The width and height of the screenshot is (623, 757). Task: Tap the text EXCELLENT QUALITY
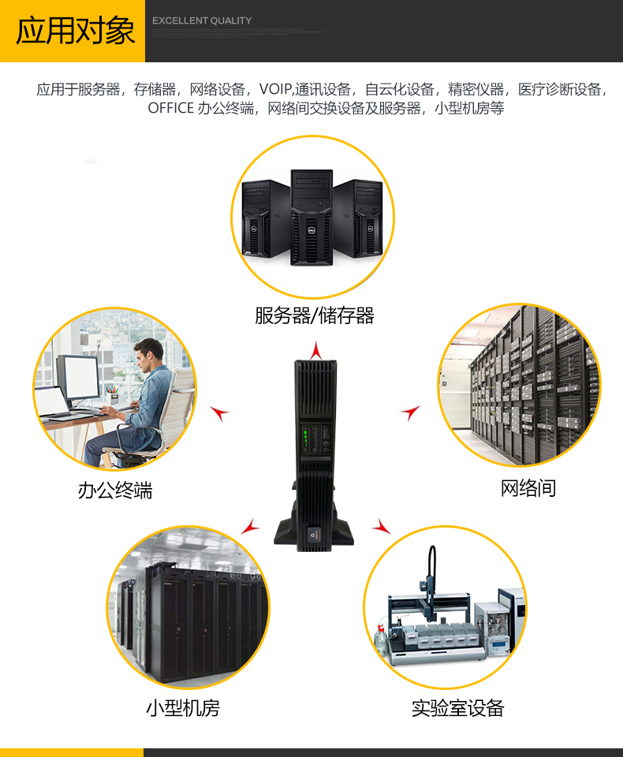pos(202,21)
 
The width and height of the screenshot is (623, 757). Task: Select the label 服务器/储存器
pos(314,316)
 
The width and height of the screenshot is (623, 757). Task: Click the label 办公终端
pos(115,490)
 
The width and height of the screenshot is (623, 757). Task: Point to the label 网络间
pos(528,488)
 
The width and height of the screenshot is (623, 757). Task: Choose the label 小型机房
pos(182,708)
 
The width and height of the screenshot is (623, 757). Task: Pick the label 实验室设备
pos(457,708)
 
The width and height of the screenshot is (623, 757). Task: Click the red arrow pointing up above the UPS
pos(316,350)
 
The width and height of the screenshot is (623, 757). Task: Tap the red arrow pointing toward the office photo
pos(220,412)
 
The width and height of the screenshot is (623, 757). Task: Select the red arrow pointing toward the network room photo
pos(410,412)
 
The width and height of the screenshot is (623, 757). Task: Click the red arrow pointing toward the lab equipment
pos(382,526)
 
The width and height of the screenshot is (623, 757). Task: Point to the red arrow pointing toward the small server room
pos(250,526)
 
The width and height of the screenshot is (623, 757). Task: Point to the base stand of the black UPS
pos(314,535)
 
